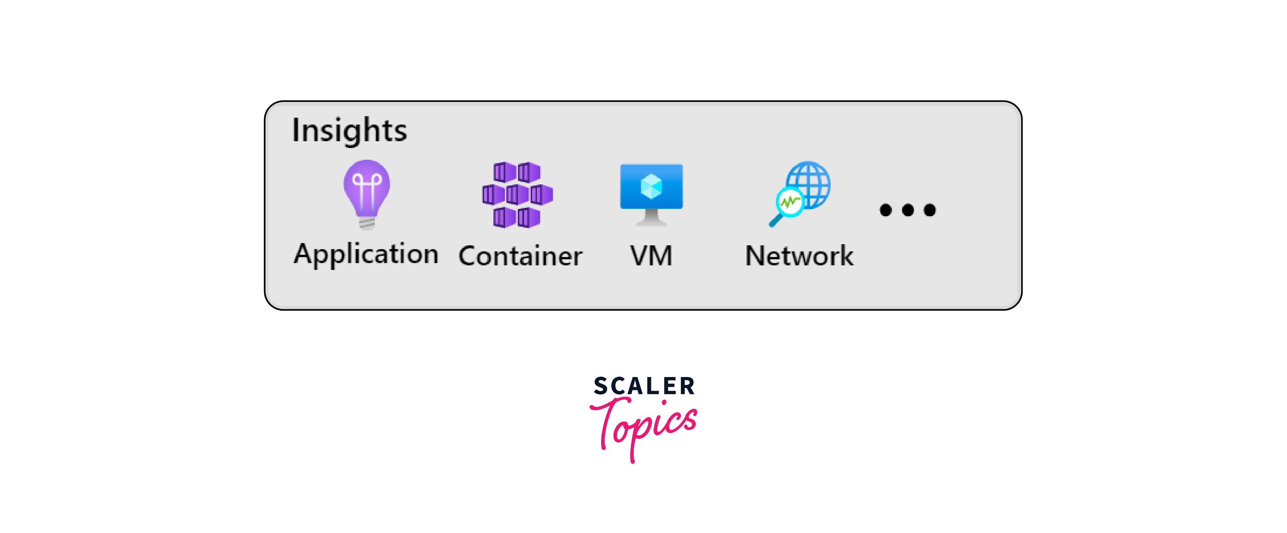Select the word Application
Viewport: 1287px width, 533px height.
366,254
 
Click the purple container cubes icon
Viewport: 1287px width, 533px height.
517,195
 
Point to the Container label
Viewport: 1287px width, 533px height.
520,256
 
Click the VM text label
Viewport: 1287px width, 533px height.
651,256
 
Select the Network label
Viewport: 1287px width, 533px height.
799,256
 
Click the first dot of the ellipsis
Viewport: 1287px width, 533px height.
885,210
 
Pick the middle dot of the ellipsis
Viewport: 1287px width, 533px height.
908,210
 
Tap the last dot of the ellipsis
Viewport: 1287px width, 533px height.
930,210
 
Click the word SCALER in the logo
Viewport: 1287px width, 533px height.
644,387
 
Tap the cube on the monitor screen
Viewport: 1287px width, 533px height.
651,186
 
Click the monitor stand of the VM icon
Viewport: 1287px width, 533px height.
651,218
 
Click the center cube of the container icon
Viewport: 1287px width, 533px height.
517,195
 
